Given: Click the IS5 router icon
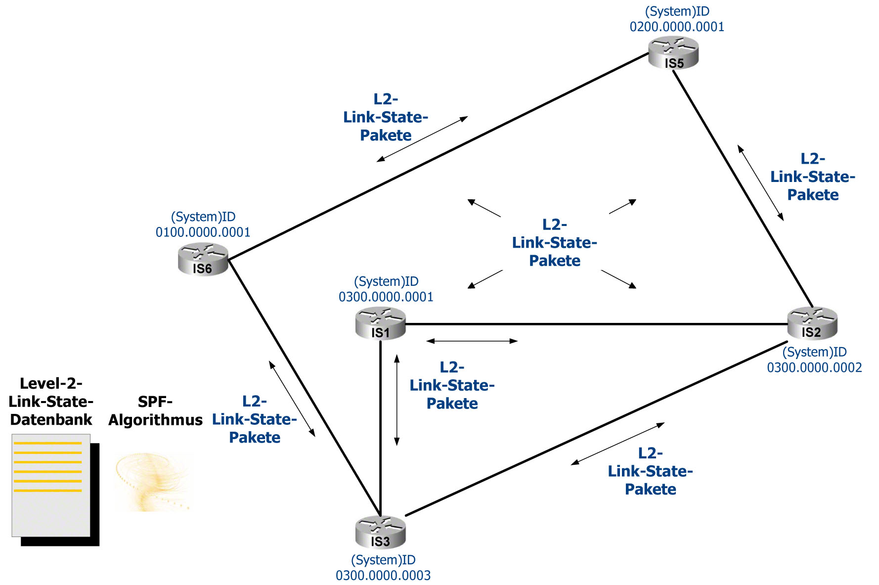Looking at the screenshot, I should (x=673, y=53).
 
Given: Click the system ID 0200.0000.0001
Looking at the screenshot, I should (x=677, y=27).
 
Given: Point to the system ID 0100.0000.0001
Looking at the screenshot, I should (x=203, y=232).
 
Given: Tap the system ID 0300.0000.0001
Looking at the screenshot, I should (x=386, y=297).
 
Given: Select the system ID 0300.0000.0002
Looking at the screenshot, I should (x=814, y=367).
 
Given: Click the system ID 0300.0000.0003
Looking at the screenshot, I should (x=383, y=576).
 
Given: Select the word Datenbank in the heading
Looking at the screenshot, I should (x=51, y=420).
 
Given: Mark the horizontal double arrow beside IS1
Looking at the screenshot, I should (x=472, y=341).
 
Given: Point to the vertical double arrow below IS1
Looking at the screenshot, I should (x=396, y=400).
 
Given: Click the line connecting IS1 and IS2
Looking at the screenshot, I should (x=593, y=324).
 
